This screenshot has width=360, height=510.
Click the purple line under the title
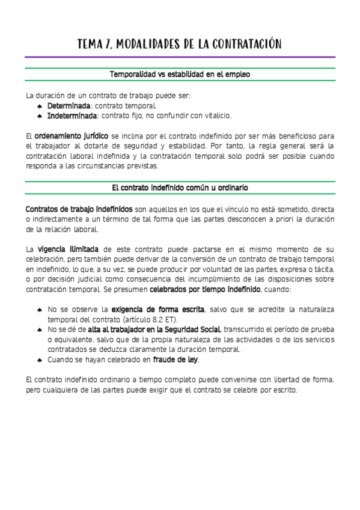[180, 57]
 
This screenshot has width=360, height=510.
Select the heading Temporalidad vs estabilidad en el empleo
[180, 75]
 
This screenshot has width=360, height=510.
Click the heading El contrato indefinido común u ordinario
[180, 188]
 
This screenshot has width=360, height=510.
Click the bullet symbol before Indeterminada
[40, 116]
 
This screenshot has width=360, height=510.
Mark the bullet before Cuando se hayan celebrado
[40, 360]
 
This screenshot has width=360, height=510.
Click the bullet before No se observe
[40, 310]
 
